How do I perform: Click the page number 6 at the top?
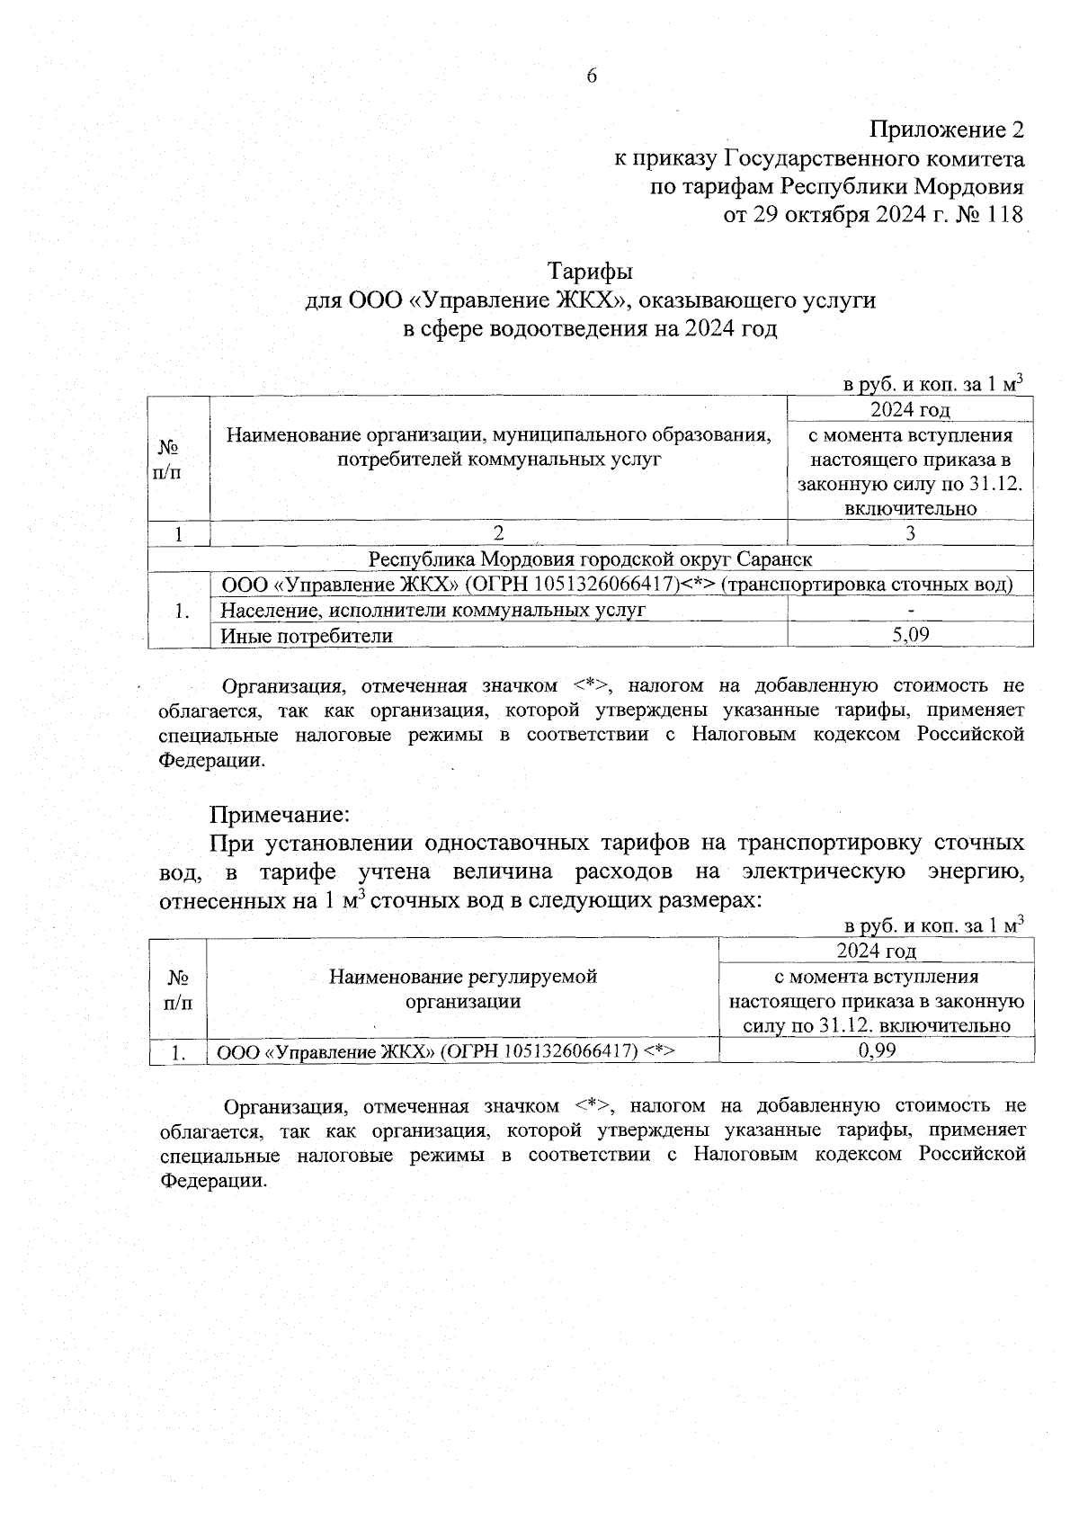(x=592, y=76)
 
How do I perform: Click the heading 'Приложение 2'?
(x=947, y=130)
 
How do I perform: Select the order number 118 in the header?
(x=1004, y=216)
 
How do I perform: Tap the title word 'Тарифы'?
(x=591, y=271)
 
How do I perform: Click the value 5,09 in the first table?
(x=910, y=635)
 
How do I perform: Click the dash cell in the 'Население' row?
(x=910, y=611)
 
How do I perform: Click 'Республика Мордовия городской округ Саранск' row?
(x=591, y=559)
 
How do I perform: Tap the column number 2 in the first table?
(x=498, y=533)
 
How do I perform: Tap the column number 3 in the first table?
(x=910, y=533)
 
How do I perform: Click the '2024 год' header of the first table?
(x=910, y=410)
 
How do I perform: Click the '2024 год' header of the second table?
(x=877, y=951)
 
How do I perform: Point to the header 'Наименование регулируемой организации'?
(x=463, y=988)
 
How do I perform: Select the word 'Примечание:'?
(x=279, y=815)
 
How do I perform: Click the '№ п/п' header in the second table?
(x=178, y=988)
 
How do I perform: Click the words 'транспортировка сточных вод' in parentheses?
(x=867, y=585)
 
